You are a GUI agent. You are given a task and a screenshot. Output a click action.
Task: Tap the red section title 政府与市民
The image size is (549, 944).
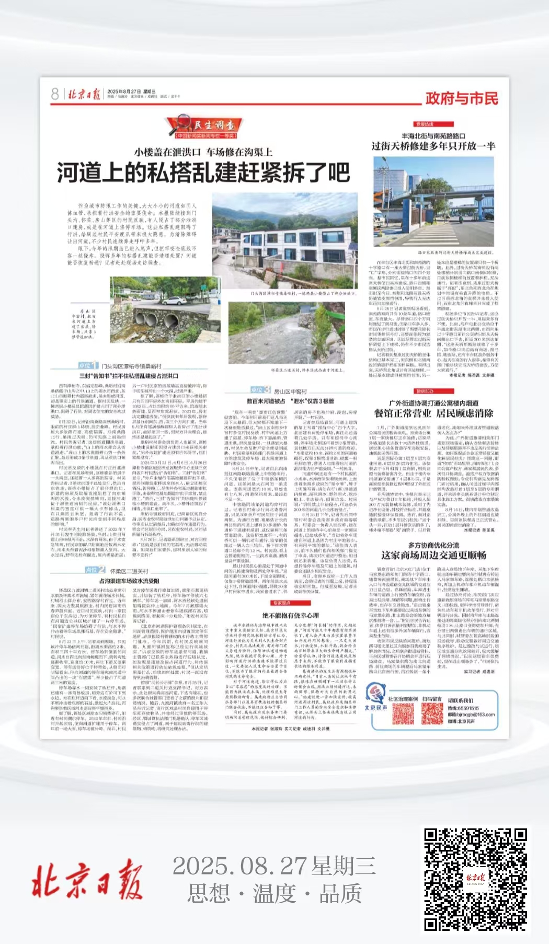(461, 98)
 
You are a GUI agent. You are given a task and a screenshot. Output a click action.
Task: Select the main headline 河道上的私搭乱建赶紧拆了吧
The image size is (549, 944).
(203, 173)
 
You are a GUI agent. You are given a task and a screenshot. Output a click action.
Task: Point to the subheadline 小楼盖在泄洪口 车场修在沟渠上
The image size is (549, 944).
(203, 152)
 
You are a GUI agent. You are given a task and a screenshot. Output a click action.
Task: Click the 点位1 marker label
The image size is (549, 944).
(89, 365)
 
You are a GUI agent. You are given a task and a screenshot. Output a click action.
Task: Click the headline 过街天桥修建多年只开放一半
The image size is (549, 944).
(433, 146)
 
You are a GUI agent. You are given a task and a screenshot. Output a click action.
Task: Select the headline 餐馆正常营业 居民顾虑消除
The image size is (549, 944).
(433, 413)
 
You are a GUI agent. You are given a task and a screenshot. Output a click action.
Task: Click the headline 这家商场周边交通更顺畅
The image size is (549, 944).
(433, 555)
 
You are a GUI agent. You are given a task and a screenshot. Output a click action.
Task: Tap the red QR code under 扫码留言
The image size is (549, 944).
(432, 714)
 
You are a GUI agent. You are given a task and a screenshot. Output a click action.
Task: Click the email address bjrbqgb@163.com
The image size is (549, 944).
(471, 715)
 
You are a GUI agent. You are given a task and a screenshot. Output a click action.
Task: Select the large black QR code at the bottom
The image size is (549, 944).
(475, 879)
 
